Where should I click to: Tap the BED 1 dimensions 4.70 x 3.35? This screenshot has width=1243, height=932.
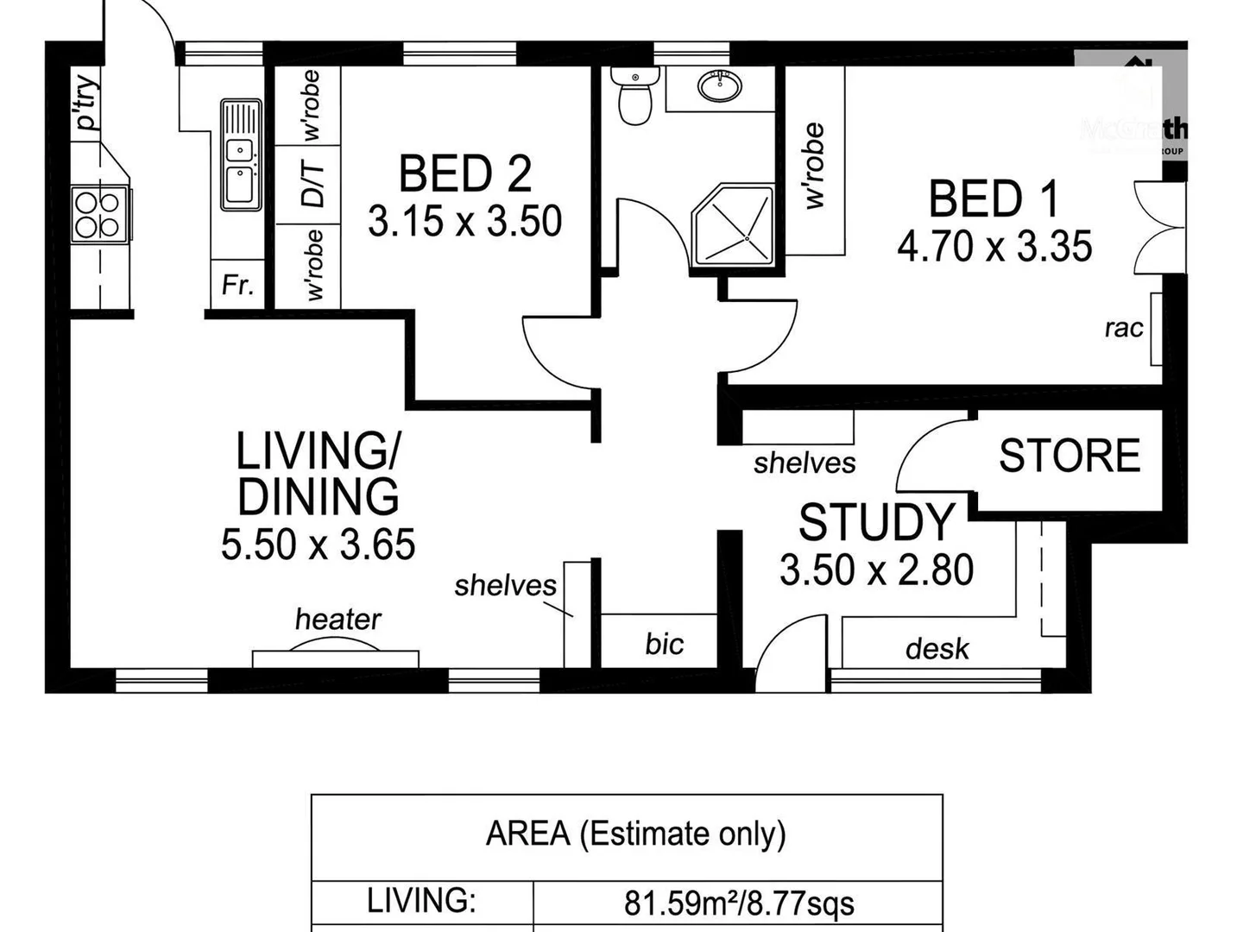pyautogui.click(x=994, y=247)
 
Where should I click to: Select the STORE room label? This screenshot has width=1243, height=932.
pyautogui.click(x=1069, y=456)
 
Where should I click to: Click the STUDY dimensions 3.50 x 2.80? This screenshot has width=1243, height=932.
pyautogui.click(x=876, y=570)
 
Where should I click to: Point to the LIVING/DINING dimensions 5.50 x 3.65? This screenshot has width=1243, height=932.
pyautogui.click(x=318, y=545)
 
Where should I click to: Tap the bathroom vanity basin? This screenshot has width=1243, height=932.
pyautogui.click(x=719, y=86)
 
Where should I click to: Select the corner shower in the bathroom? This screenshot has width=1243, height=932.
pyautogui.click(x=733, y=224)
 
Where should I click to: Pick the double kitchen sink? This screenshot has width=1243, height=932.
pyautogui.click(x=241, y=155)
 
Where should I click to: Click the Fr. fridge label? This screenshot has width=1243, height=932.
pyautogui.click(x=237, y=285)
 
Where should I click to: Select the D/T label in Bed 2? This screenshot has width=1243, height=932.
pyautogui.click(x=313, y=185)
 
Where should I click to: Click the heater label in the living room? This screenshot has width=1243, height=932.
pyautogui.click(x=338, y=619)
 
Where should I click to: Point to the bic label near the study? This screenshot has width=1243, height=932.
pyautogui.click(x=664, y=644)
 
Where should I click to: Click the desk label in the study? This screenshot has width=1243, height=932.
pyautogui.click(x=937, y=648)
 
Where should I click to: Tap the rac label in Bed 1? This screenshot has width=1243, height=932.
pyautogui.click(x=1123, y=328)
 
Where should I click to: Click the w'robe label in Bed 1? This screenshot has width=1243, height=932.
pyautogui.click(x=814, y=166)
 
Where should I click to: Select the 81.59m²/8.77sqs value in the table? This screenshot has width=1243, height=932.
pyautogui.click(x=739, y=904)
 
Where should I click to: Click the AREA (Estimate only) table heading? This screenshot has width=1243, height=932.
pyautogui.click(x=635, y=834)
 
